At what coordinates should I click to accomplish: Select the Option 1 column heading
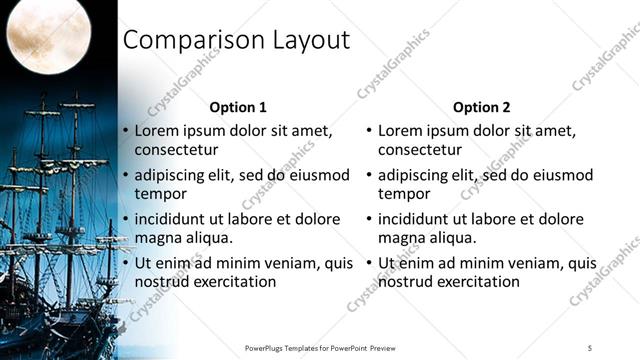(x=238, y=106)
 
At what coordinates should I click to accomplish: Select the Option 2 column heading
(x=481, y=106)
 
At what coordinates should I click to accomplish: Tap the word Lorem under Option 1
(x=156, y=130)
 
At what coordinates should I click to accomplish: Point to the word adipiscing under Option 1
(x=171, y=175)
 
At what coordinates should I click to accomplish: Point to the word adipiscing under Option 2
(x=415, y=175)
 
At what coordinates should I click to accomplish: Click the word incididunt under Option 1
(x=173, y=219)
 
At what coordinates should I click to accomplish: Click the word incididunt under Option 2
(x=417, y=219)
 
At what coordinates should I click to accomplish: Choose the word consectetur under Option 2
(x=420, y=150)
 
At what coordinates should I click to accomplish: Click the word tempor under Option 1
(x=158, y=194)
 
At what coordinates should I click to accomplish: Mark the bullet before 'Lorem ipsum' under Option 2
(x=369, y=131)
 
